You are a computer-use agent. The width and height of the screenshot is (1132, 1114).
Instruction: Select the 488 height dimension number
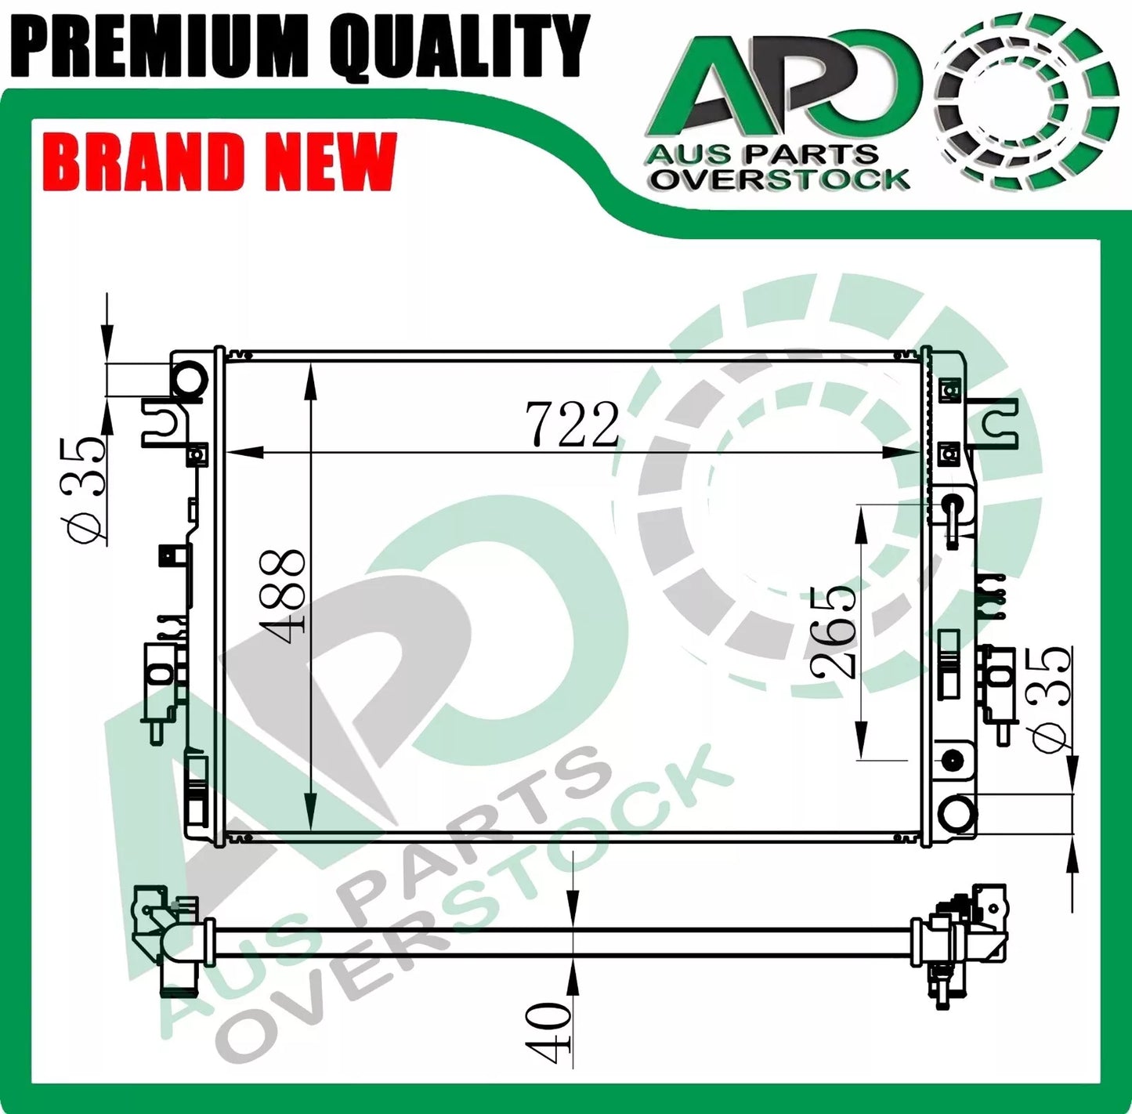[282, 591]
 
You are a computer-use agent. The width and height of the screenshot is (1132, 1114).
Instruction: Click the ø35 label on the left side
[85, 490]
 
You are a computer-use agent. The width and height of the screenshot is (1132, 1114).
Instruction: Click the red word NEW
[329, 162]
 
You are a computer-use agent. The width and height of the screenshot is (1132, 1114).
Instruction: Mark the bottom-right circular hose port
[957, 812]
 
